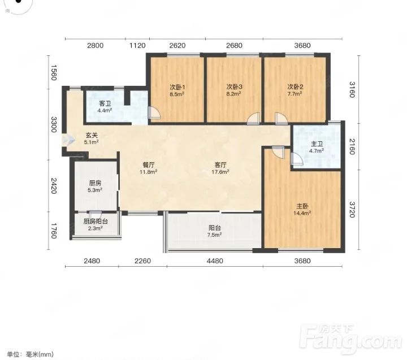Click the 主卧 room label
pos(302,206)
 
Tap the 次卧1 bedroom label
pos(177,87)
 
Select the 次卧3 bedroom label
pos(234,86)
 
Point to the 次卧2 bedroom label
pos(295,86)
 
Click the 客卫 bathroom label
pos(105,103)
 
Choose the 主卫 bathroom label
pos(317,144)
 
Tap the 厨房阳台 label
pos(96,222)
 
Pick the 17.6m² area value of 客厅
pos(220,172)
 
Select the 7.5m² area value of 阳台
pos(214,235)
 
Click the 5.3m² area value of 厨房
pos(95,190)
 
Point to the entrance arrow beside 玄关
pos(68,140)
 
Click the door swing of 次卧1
pos(154,112)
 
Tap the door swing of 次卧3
pos(253,119)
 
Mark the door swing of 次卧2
pos(281,119)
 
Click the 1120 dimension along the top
pos(137,46)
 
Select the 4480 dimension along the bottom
pos(215,261)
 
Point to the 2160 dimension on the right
pos(352,146)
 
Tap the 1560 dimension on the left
pos(53,72)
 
